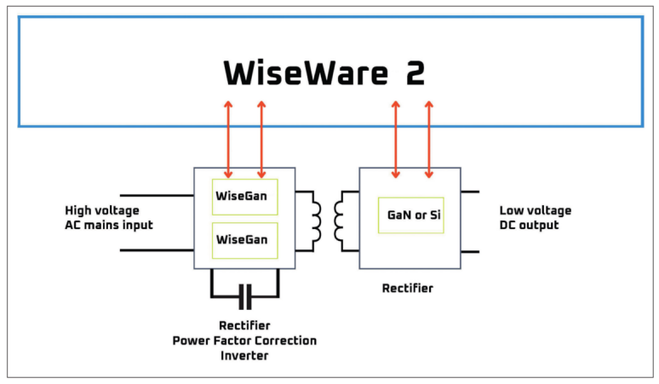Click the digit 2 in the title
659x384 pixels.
[x=415, y=74]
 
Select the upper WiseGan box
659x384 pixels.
[x=244, y=197]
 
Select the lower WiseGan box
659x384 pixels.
[x=244, y=240]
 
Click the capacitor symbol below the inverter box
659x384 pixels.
[x=244, y=296]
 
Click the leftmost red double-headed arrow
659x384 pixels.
[x=228, y=140]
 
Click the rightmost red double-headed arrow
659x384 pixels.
[x=428, y=140]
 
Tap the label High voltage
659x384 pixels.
[x=102, y=210]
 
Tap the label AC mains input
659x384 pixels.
[x=109, y=225]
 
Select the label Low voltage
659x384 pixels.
[x=536, y=210]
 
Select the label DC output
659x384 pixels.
[x=530, y=225]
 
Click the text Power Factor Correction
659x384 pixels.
[x=244, y=341]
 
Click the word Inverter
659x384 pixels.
[x=244, y=355]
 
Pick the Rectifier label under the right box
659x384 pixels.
[x=407, y=289]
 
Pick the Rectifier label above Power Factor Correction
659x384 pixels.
[x=244, y=326]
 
